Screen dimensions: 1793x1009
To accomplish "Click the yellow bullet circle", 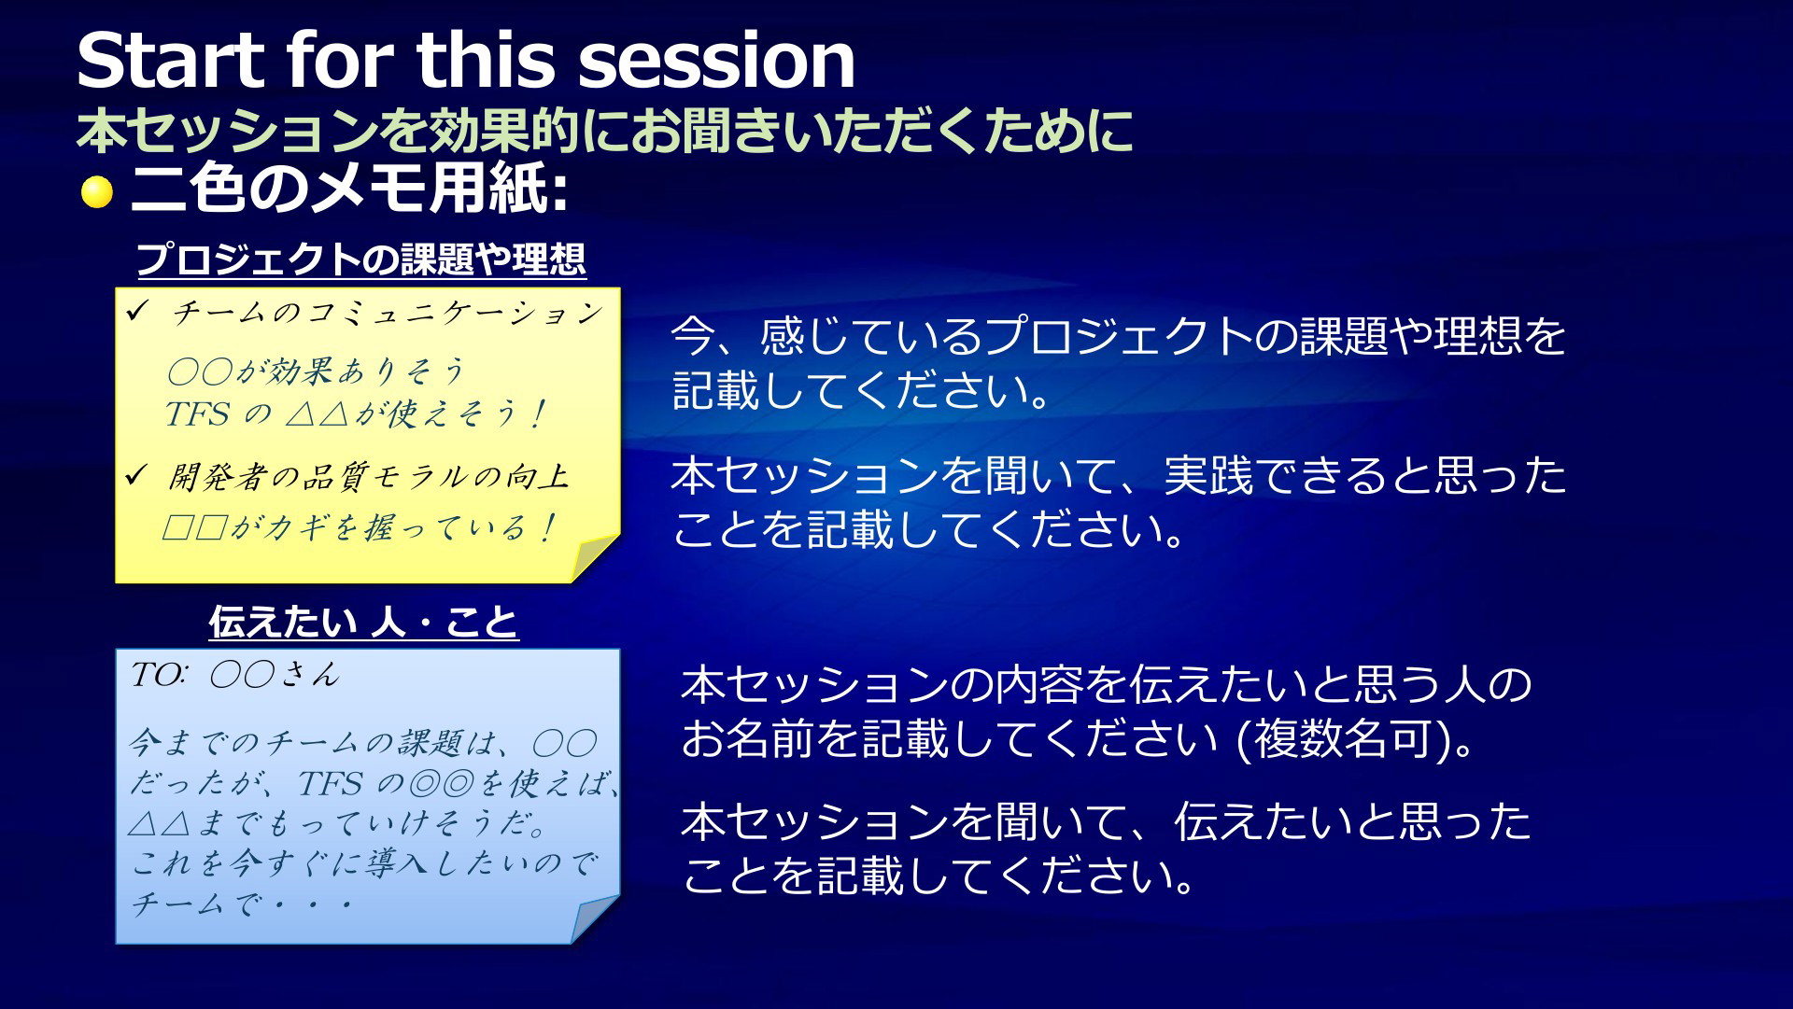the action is pyautogui.click(x=97, y=192).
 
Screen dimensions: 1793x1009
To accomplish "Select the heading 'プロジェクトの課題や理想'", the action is pyautogui.click(x=361, y=259).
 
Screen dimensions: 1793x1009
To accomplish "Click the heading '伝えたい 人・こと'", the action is pyautogui.click(x=363, y=622).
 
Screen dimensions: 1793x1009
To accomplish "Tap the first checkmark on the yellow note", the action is pyautogui.click(x=136, y=311).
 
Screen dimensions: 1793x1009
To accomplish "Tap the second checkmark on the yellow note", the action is pyautogui.click(x=136, y=475).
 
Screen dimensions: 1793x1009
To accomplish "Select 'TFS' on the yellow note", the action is pyautogui.click(x=197, y=413).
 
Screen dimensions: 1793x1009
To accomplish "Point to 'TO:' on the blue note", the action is pyautogui.click(x=159, y=674).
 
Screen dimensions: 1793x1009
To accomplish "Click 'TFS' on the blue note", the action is pyautogui.click(x=330, y=783).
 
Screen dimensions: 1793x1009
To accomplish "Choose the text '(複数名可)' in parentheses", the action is pyautogui.click(x=1348, y=739).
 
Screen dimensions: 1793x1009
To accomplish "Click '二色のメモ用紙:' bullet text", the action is pyautogui.click(x=350, y=189).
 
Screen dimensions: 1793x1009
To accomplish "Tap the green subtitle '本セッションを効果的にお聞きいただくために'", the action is pyautogui.click(x=605, y=130).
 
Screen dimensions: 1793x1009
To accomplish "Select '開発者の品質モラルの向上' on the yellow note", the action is pyautogui.click(x=369, y=476).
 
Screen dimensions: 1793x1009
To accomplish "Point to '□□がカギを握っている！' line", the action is pyautogui.click(x=360, y=527).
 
